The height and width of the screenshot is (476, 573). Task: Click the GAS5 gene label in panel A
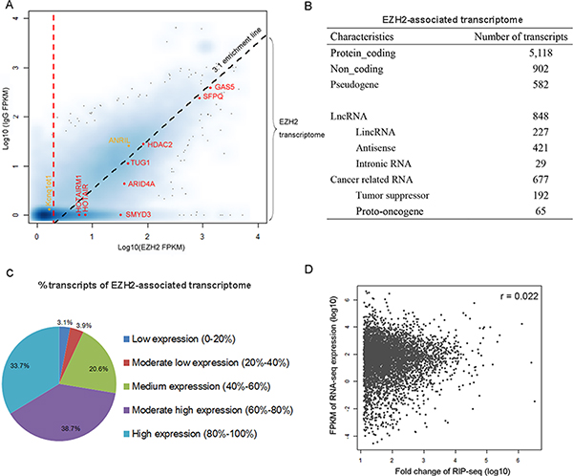click(x=226, y=87)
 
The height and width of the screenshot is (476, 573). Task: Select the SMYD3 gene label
click(x=138, y=215)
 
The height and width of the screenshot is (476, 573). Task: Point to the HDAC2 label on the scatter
click(x=159, y=145)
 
